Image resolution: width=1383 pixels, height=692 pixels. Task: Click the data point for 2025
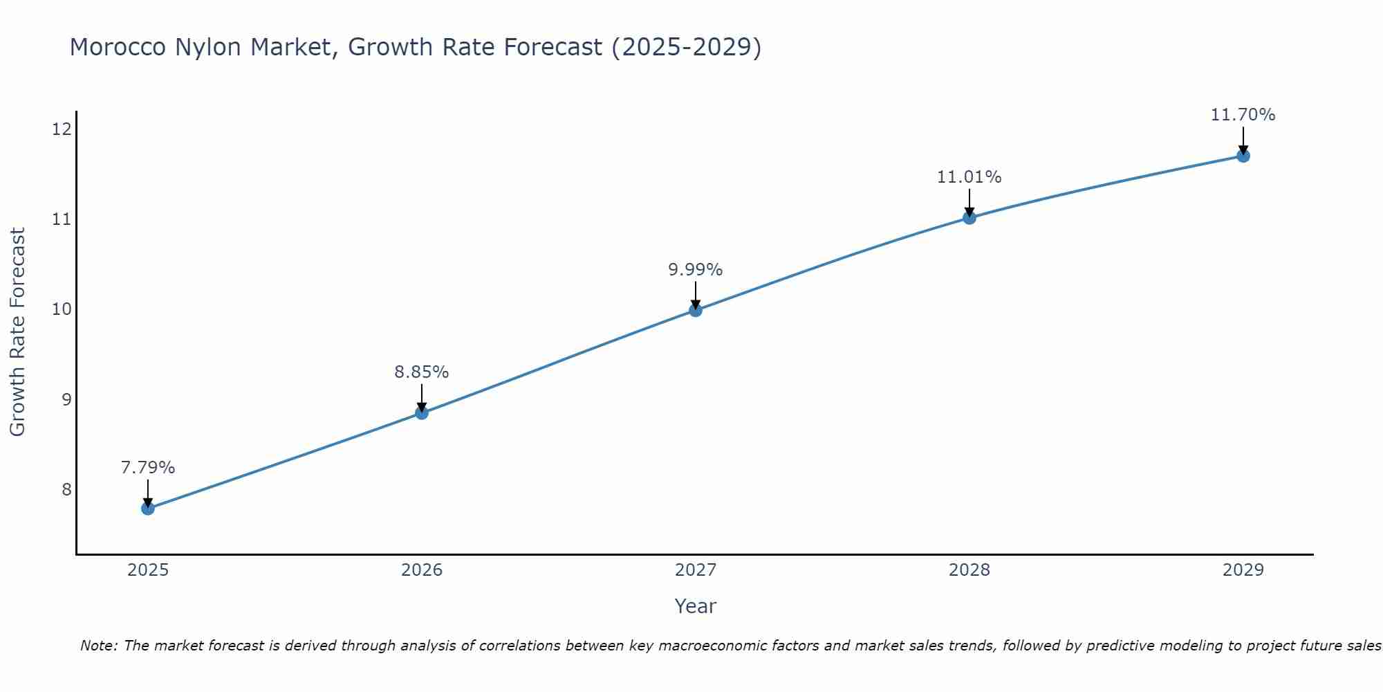(x=148, y=509)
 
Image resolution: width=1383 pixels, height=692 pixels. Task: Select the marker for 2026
(x=422, y=413)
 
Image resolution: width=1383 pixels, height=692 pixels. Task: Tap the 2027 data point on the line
(x=696, y=310)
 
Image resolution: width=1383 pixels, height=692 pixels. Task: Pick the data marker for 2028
(x=969, y=218)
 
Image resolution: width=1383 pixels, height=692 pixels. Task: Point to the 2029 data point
(x=1243, y=156)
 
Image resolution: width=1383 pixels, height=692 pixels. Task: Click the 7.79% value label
(x=148, y=468)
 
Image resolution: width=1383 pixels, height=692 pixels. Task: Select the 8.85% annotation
(x=422, y=372)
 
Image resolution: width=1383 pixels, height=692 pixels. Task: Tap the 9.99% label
(x=696, y=270)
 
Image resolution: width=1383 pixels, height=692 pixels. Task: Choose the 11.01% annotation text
(x=969, y=177)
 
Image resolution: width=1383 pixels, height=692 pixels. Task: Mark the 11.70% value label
(x=1243, y=115)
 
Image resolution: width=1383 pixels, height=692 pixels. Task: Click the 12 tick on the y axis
(x=62, y=129)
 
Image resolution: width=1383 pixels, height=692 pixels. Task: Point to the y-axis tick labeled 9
(x=66, y=399)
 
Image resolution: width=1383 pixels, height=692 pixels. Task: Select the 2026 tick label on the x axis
(x=422, y=570)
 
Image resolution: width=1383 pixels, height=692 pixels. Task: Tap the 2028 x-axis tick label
(x=969, y=570)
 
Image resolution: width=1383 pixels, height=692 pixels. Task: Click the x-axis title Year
(x=696, y=606)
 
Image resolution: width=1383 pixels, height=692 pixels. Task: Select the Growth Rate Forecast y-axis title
(x=18, y=332)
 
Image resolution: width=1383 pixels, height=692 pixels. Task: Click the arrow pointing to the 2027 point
(x=696, y=294)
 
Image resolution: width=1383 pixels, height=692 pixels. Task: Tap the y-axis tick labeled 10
(x=62, y=309)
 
